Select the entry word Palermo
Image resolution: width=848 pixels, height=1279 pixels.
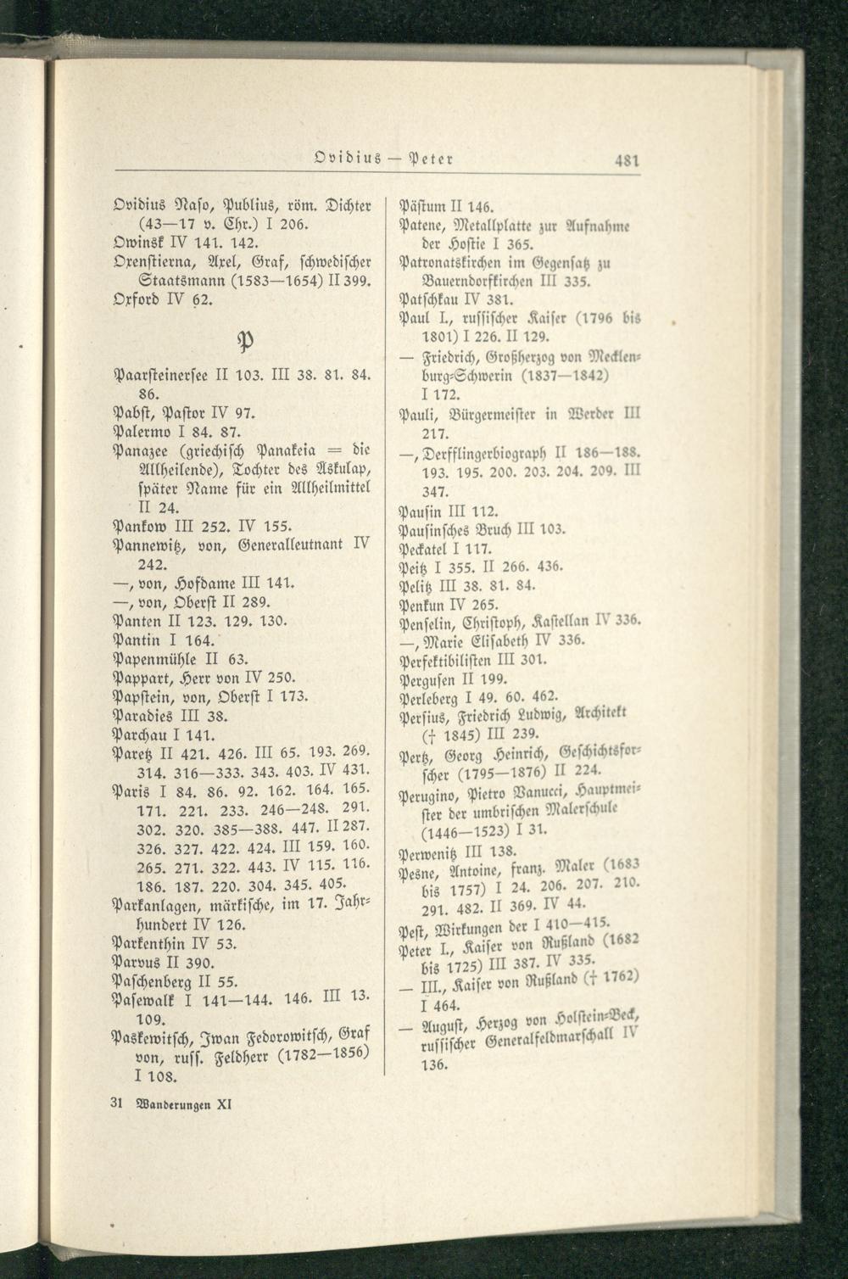tap(138, 433)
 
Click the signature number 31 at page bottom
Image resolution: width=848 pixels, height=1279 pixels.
tap(118, 1105)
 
